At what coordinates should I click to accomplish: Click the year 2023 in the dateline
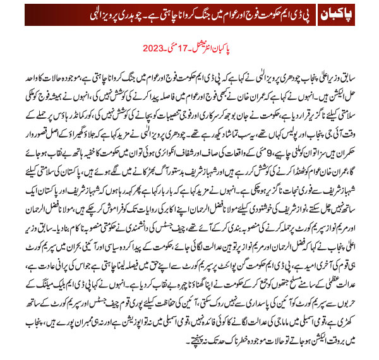click(154, 47)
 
